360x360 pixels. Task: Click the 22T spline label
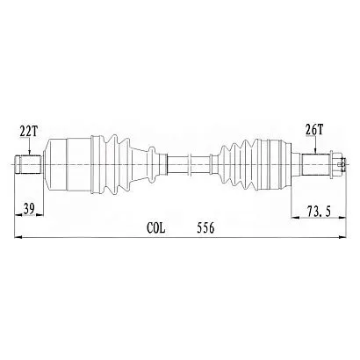click(x=29, y=132)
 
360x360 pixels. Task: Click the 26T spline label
click(x=314, y=130)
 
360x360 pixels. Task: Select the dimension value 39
click(x=29, y=209)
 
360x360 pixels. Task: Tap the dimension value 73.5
click(x=319, y=211)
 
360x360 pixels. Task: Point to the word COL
click(x=156, y=227)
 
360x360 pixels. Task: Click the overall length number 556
click(x=205, y=227)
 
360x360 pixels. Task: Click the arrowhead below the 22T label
click(x=30, y=152)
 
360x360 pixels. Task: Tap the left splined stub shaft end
click(x=28, y=165)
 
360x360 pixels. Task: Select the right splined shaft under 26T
click(x=316, y=165)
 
